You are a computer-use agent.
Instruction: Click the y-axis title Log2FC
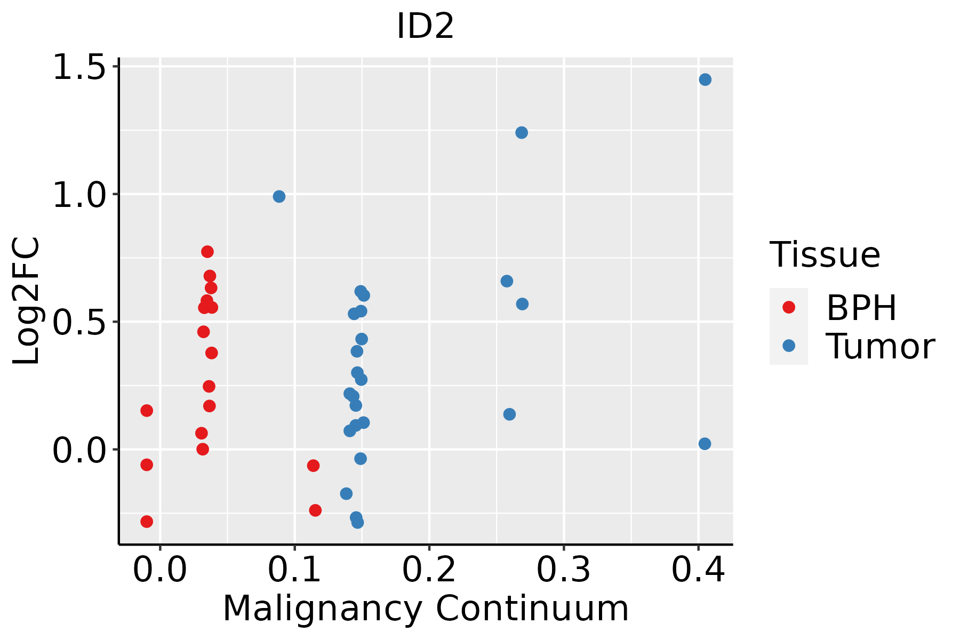tap(27, 301)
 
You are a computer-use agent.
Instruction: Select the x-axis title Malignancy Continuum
tap(425, 609)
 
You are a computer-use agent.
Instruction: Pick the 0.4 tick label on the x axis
tap(698, 570)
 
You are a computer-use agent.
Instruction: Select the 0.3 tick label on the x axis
tap(563, 570)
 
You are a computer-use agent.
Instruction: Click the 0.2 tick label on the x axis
tap(429, 570)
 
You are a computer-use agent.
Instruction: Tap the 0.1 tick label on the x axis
tap(294, 570)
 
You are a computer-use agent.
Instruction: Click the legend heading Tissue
tap(825, 255)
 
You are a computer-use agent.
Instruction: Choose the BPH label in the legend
tap(861, 308)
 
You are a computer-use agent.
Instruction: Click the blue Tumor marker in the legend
tap(788, 346)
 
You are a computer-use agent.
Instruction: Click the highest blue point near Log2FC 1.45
tap(705, 79)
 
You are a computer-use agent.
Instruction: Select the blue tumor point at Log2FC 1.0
tap(279, 196)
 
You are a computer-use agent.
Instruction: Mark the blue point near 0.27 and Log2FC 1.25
tap(522, 132)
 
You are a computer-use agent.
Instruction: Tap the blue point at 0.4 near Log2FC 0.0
tap(705, 444)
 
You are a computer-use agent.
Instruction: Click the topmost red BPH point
tap(207, 252)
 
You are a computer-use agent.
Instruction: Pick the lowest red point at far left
tap(147, 522)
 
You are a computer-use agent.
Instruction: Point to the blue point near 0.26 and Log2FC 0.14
tap(509, 414)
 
